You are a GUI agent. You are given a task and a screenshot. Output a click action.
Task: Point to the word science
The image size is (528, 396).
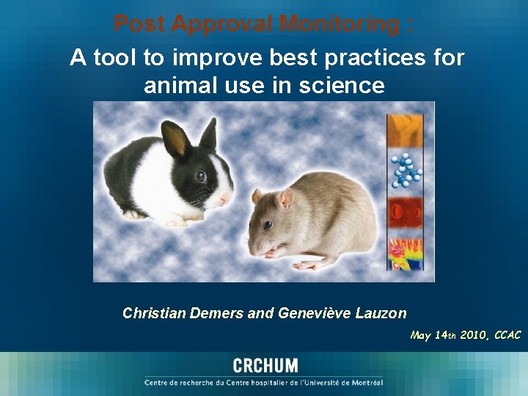click(340, 86)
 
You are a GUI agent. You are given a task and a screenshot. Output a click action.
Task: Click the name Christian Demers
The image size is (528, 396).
click(184, 313)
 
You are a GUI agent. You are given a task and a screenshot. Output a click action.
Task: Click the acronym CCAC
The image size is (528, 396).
click(507, 335)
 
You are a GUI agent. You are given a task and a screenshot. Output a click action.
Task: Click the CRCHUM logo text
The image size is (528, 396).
click(265, 366)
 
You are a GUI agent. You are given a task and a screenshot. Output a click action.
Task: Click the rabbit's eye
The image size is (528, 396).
click(200, 176)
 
